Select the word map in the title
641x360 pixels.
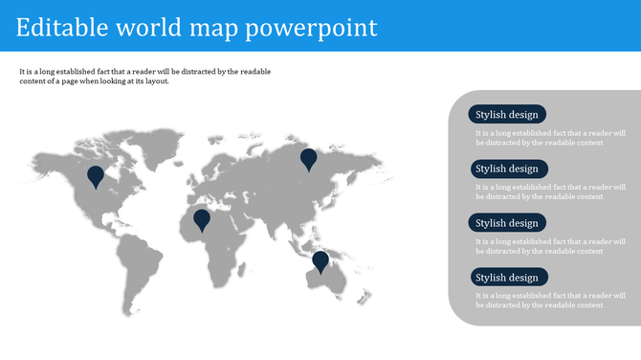click(211, 28)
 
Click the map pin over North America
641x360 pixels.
click(96, 176)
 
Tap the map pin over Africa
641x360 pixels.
click(202, 219)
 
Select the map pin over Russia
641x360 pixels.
click(308, 158)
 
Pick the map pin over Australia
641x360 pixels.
click(320, 259)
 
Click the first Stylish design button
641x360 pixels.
click(507, 114)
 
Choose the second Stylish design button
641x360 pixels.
click(507, 169)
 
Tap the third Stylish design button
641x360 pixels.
click(507, 223)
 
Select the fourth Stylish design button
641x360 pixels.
click(507, 278)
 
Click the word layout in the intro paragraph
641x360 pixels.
click(154, 81)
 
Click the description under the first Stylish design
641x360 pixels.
click(550, 138)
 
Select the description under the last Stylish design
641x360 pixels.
click(550, 301)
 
